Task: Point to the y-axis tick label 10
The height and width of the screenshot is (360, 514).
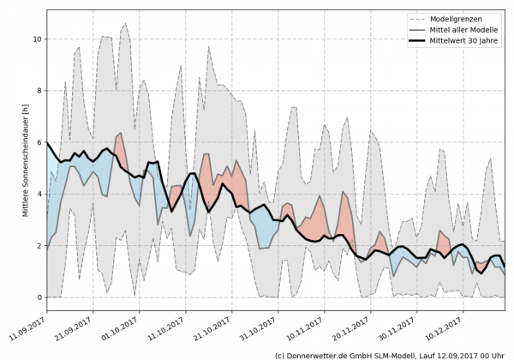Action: coord(37,39)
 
